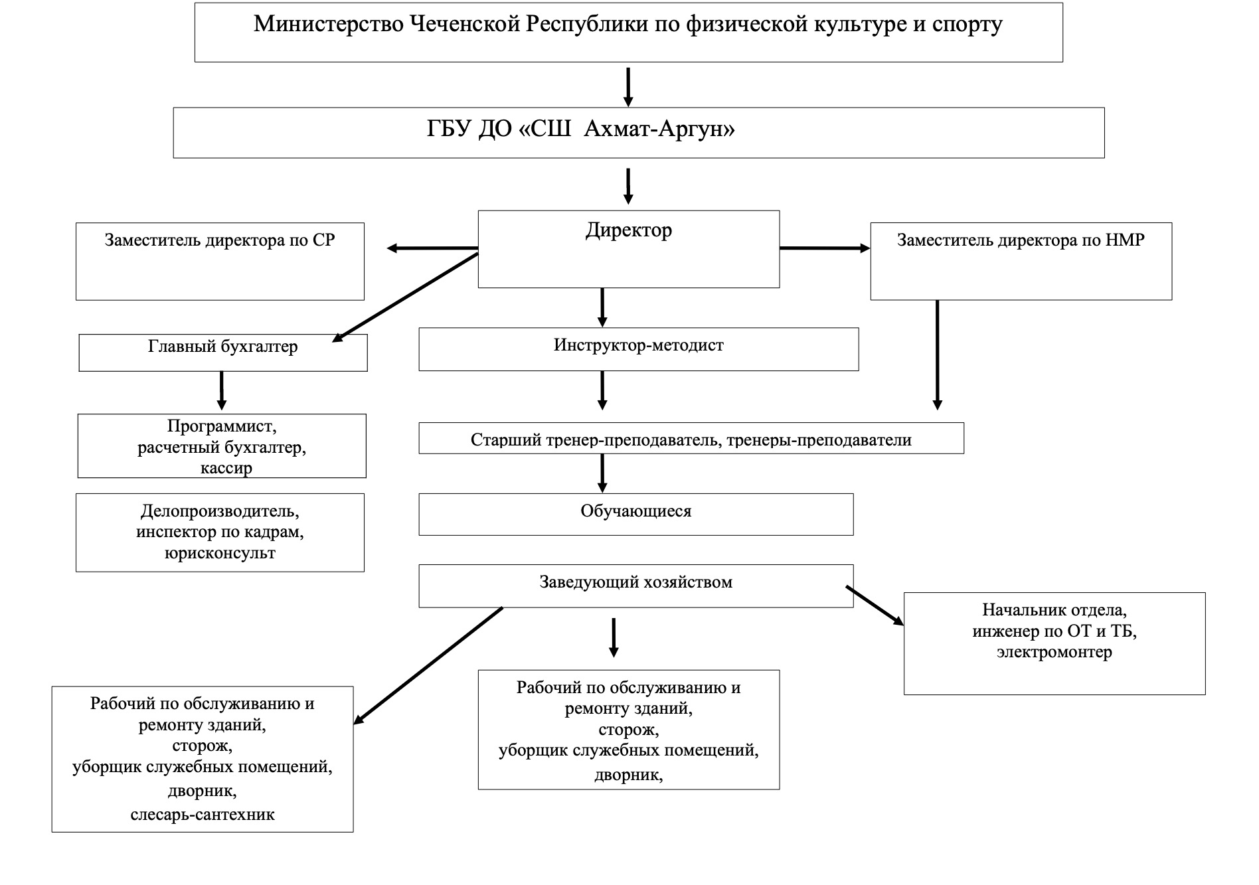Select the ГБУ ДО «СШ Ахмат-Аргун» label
pyautogui.click(x=580, y=129)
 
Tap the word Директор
pyautogui.click(x=629, y=231)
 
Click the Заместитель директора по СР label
pyautogui.click(x=220, y=240)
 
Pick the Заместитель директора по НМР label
pyautogui.click(x=1021, y=240)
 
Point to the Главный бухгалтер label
pyautogui.click(x=222, y=347)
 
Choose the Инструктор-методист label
pyautogui.click(x=638, y=345)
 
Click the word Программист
pyautogui.click(x=222, y=426)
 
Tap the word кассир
pyautogui.click(x=226, y=469)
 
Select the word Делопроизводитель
pyautogui.click(x=220, y=512)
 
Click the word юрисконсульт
pyautogui.click(x=220, y=554)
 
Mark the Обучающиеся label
pyautogui.click(x=636, y=512)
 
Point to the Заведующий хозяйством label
pyautogui.click(x=635, y=583)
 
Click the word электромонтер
pyautogui.click(x=1054, y=653)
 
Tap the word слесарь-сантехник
pyautogui.click(x=203, y=815)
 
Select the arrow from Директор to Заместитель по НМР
pyautogui.click(x=825, y=248)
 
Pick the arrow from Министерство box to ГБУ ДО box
pyautogui.click(x=628, y=87)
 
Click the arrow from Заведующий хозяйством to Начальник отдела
pyautogui.click(x=875, y=605)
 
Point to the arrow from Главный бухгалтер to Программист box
pyautogui.click(x=222, y=390)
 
